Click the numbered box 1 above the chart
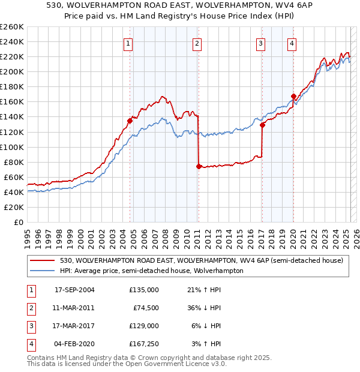129,43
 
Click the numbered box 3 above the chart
261,43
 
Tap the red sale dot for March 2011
199,166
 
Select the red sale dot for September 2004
130,121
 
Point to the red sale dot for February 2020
293,96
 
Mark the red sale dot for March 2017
262,125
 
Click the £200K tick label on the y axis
12,71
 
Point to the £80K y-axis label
14,162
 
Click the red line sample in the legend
43,261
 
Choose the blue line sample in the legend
43,271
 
